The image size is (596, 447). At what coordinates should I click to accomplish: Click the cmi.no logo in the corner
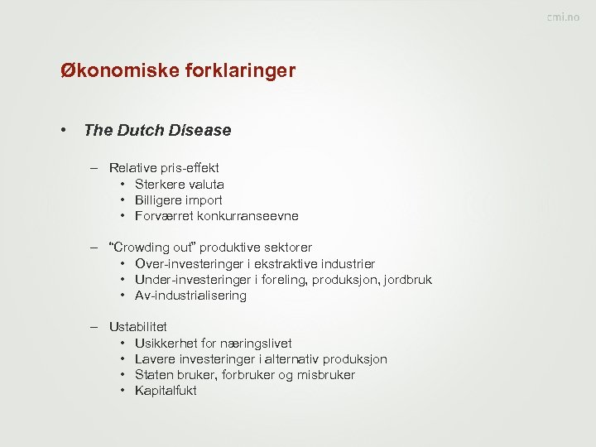562,17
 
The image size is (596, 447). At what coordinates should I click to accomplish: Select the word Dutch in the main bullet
141,130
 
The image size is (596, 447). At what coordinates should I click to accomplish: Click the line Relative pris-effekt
164,168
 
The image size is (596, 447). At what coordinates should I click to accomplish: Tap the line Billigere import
178,200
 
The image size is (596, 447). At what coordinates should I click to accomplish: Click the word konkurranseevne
248,216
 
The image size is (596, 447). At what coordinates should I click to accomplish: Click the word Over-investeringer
188,263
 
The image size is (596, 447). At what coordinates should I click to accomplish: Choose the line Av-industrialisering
190,296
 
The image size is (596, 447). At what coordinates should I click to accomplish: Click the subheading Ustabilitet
137,327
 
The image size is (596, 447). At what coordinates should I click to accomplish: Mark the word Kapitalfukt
166,391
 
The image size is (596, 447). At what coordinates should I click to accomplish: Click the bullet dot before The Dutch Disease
63,130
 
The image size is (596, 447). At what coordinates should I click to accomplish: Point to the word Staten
152,375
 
